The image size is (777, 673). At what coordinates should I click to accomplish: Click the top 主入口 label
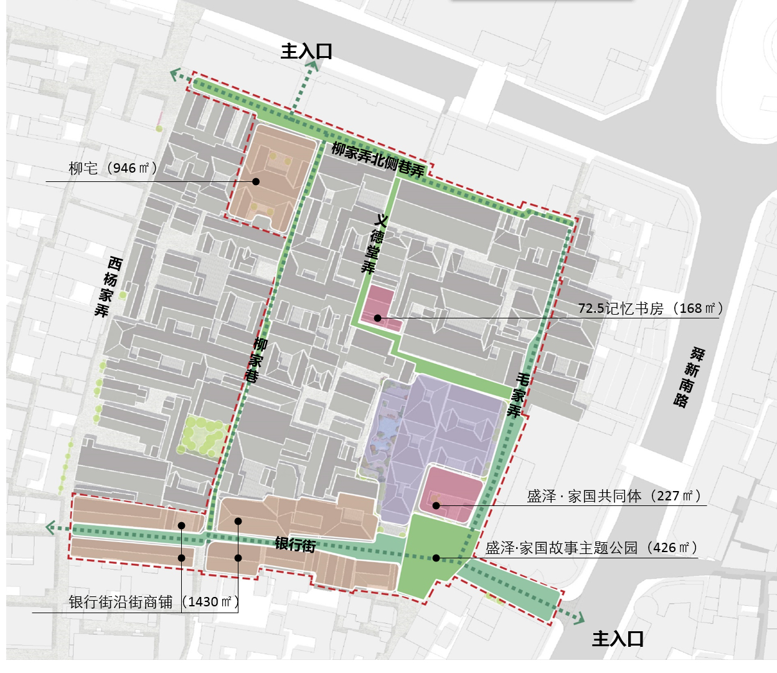(306, 51)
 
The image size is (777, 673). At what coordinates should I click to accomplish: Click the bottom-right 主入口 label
(618, 639)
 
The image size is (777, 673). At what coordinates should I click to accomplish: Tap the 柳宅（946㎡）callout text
(113, 168)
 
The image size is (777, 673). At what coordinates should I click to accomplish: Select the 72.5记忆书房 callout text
(651, 308)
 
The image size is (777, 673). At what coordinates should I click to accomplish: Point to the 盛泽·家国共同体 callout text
(614, 496)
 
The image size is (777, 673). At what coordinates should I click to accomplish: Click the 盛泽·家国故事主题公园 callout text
(591, 548)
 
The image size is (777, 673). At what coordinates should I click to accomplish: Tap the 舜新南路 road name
(689, 378)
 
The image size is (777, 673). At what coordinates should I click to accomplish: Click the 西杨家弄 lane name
(110, 287)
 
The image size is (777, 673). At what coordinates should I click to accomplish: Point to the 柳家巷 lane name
(256, 360)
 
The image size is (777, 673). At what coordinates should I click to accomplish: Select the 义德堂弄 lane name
(374, 244)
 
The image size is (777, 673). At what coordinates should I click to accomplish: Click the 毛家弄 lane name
(519, 394)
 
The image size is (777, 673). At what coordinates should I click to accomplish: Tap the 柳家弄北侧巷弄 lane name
(378, 159)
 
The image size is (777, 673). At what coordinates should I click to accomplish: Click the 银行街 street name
(295, 545)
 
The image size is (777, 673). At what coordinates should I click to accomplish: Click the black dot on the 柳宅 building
(256, 181)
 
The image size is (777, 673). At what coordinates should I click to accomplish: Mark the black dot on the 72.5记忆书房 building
(377, 318)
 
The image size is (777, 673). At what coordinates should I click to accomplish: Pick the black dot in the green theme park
(436, 558)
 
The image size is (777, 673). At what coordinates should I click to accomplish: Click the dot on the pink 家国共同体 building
(436, 505)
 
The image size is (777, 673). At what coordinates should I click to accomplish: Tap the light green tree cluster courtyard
(202, 436)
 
